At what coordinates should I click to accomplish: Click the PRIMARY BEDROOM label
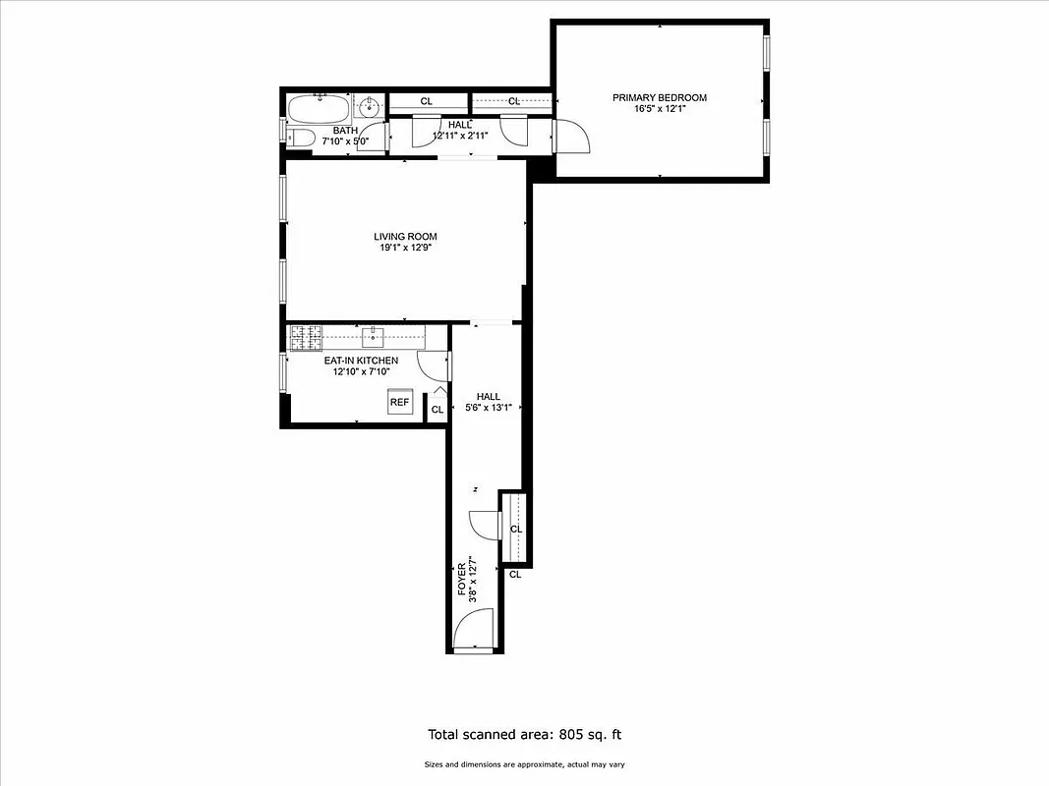click(659, 97)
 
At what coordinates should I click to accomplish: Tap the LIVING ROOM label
click(405, 236)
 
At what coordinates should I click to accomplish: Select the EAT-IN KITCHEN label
click(361, 361)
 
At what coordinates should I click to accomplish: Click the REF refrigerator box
click(399, 402)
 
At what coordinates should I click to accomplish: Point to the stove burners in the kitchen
click(306, 338)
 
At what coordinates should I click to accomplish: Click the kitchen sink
click(373, 338)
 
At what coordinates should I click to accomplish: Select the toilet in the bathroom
click(300, 138)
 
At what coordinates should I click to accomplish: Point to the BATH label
click(345, 131)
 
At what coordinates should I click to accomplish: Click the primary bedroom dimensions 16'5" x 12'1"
click(659, 109)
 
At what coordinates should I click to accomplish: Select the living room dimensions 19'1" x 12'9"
click(405, 248)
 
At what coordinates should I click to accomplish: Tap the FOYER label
click(462, 580)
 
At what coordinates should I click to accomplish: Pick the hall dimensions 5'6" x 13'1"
click(489, 408)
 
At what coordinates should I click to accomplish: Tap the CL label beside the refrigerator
click(437, 409)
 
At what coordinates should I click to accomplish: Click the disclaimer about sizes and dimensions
click(524, 764)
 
